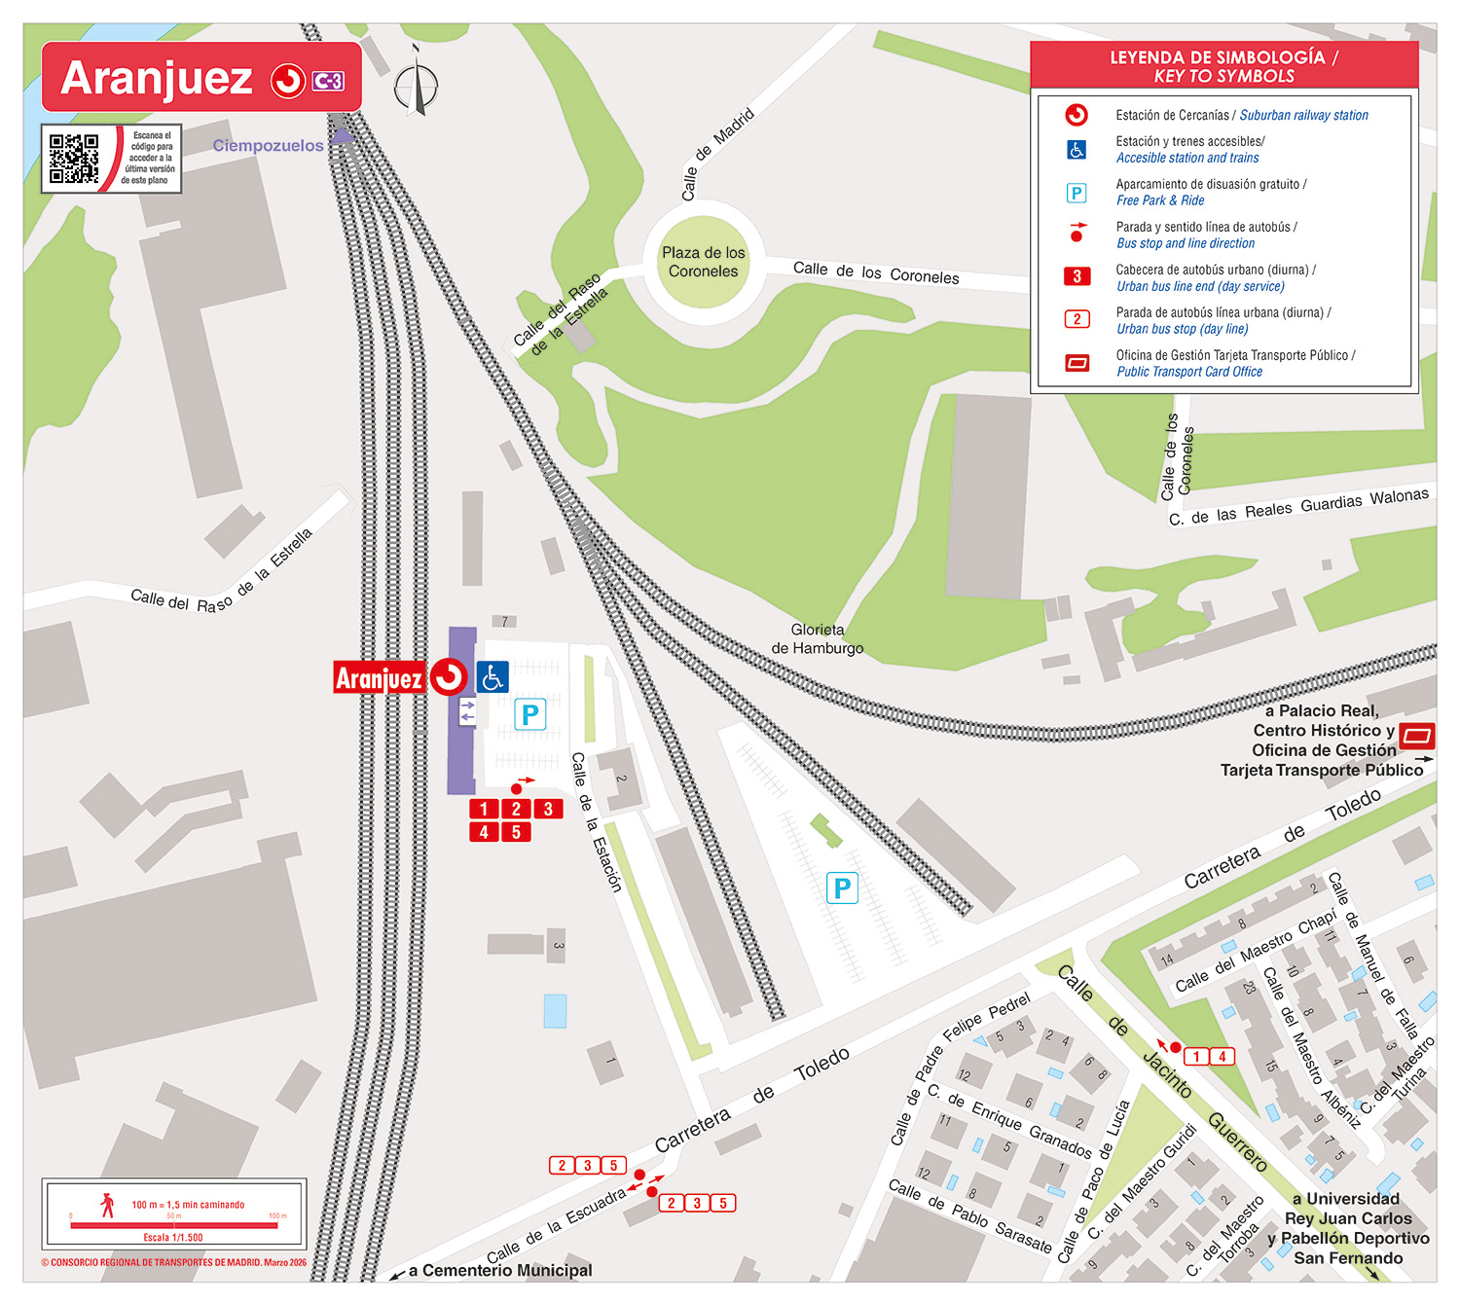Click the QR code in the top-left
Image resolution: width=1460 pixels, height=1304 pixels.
[74, 159]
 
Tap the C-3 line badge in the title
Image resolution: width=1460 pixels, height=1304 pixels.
[328, 81]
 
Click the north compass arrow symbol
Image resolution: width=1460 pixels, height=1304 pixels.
[417, 83]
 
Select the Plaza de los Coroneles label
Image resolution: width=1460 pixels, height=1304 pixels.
[703, 262]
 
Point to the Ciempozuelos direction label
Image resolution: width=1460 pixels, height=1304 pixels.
[268, 146]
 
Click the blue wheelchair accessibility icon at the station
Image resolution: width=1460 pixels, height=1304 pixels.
[493, 677]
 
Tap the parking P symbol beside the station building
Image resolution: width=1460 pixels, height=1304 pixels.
[529, 715]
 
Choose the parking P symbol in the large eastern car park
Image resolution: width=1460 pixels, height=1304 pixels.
[842, 887]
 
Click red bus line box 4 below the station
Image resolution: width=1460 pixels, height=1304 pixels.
[484, 832]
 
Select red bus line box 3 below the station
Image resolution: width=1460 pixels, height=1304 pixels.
[548, 809]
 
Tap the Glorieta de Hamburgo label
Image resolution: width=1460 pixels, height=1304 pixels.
[818, 639]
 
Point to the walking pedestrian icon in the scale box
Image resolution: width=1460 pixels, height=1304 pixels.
[107, 1205]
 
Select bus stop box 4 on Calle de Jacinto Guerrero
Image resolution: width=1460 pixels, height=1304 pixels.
[1223, 1056]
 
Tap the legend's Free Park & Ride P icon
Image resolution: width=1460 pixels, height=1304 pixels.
[1077, 193]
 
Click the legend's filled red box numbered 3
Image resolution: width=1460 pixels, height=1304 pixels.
[1077, 276]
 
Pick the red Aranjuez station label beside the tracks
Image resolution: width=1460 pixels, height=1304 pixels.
[379, 677]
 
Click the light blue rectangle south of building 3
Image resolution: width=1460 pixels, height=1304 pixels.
[555, 1011]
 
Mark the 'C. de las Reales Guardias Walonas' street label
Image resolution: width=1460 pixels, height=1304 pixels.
[1298, 507]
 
